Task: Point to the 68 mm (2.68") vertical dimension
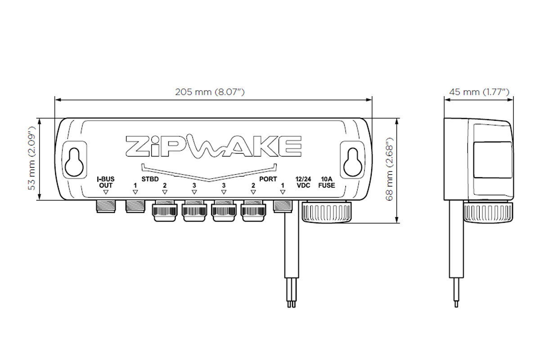[390, 171]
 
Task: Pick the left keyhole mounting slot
[75, 163]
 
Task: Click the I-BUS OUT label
[106, 182]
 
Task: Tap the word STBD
[150, 179]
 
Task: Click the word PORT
[268, 179]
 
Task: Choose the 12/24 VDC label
[303, 182]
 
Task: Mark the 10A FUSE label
[326, 182]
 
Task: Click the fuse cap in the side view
[489, 211]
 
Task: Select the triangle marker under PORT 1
[283, 192]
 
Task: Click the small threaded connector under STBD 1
[135, 207]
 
